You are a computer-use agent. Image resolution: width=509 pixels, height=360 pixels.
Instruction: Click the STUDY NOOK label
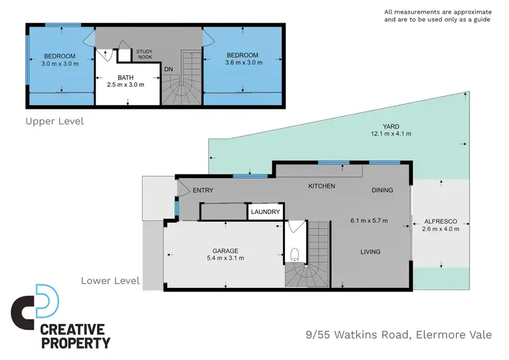tap(145, 54)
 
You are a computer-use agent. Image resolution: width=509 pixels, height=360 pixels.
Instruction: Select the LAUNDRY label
tap(265, 213)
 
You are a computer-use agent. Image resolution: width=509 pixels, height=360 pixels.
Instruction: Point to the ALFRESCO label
tap(441, 221)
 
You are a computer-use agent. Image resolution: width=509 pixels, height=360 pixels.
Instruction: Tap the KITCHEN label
tap(322, 186)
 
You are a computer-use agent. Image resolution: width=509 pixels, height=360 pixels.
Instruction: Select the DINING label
tap(382, 190)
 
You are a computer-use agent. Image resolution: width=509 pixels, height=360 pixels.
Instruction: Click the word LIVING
tap(370, 252)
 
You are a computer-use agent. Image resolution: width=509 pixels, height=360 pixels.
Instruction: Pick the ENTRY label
tap(203, 190)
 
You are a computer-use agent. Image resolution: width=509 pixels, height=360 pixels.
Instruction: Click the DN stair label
tap(168, 69)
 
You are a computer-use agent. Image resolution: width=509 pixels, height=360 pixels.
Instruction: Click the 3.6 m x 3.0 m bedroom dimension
tap(242, 63)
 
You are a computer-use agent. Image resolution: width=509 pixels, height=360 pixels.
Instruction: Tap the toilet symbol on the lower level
tap(295, 255)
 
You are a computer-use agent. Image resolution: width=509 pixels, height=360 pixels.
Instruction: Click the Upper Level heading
tap(54, 122)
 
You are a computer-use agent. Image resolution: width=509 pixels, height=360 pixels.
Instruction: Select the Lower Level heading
tap(110, 280)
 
